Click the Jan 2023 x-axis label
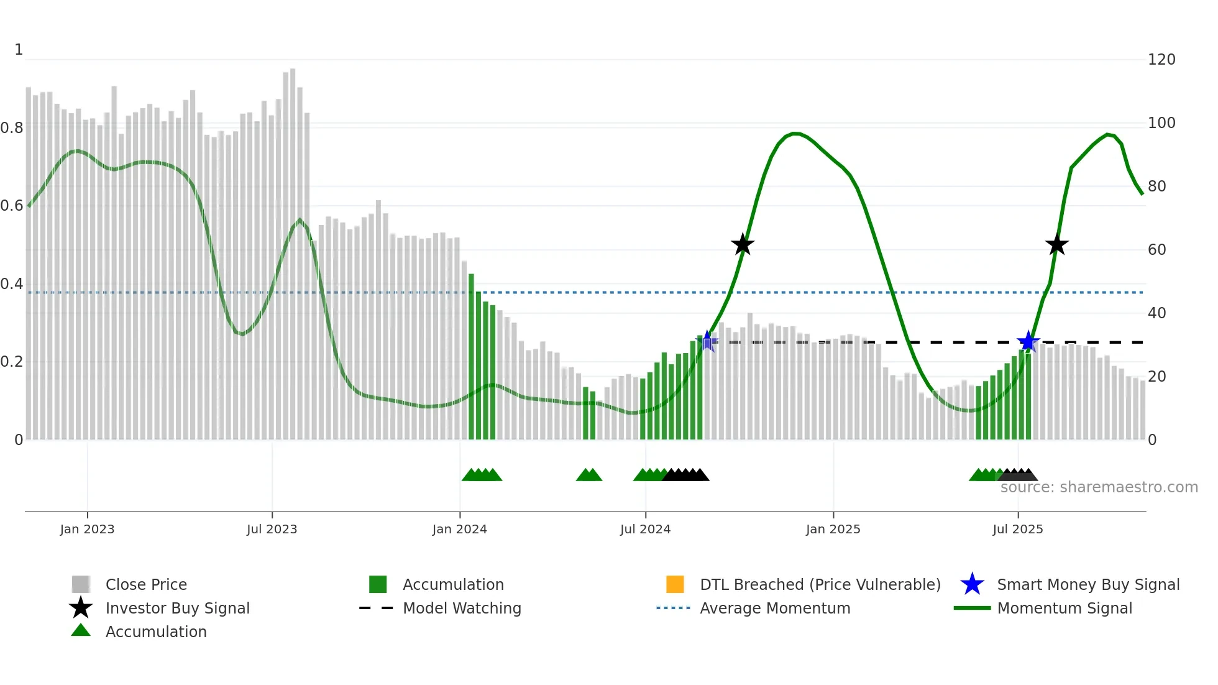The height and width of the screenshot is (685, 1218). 87,529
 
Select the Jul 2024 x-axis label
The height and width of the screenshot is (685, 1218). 645,529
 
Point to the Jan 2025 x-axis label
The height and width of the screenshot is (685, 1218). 833,529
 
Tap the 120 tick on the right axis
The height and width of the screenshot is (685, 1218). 1161,60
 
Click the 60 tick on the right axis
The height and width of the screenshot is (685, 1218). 1156,250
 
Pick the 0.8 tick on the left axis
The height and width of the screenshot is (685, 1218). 12,128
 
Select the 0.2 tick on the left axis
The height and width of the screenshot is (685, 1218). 12,362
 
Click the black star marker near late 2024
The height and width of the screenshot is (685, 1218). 743,245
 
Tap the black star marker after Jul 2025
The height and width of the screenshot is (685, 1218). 1056,245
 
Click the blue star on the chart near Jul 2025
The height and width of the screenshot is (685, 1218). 1028,341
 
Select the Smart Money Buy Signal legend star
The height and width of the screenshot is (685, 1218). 972,584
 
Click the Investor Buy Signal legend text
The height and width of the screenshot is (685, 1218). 177,608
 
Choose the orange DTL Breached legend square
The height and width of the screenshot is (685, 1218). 675,584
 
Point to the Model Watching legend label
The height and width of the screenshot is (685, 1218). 462,608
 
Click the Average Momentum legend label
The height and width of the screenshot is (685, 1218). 775,608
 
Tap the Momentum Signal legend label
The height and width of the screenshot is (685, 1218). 1065,608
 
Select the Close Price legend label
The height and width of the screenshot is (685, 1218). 146,584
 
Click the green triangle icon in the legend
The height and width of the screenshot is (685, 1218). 81,630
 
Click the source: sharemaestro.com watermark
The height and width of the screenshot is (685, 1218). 1099,487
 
